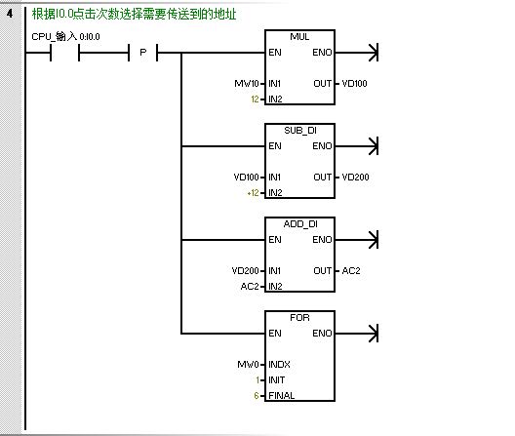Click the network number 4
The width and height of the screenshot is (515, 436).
pyautogui.click(x=10, y=14)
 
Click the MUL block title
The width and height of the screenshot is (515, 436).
pyautogui.click(x=299, y=36)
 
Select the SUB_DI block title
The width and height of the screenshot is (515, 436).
pyautogui.click(x=300, y=131)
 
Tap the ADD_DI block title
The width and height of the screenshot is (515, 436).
pyautogui.click(x=300, y=224)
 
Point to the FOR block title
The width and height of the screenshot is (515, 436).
pyautogui.click(x=299, y=318)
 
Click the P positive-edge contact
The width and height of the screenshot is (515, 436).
pyautogui.click(x=143, y=53)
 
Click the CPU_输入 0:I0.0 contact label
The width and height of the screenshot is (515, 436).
pyautogui.click(x=65, y=36)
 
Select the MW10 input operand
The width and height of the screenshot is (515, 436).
pyautogui.click(x=247, y=84)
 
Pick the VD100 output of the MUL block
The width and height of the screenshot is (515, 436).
pyautogui.click(x=354, y=84)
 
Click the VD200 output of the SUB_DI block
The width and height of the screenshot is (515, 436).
pyautogui.click(x=355, y=178)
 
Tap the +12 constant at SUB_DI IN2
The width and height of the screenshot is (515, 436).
pyautogui.click(x=254, y=193)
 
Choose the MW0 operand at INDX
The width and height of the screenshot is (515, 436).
pyautogui.click(x=249, y=365)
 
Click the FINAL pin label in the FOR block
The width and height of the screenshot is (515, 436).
pyautogui.click(x=282, y=396)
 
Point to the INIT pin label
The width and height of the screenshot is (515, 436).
pyautogui.click(x=277, y=380)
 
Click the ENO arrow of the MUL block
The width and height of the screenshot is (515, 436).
pyautogui.click(x=357, y=53)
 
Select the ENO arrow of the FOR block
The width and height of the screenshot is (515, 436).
pyautogui.click(x=357, y=334)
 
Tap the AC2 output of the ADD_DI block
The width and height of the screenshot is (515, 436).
pyautogui.click(x=351, y=271)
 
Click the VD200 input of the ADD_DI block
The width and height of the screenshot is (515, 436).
pyautogui.click(x=246, y=271)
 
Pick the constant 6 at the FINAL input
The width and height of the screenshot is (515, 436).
pyautogui.click(x=257, y=396)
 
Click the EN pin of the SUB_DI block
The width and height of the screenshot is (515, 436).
pyautogui.click(x=275, y=146)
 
